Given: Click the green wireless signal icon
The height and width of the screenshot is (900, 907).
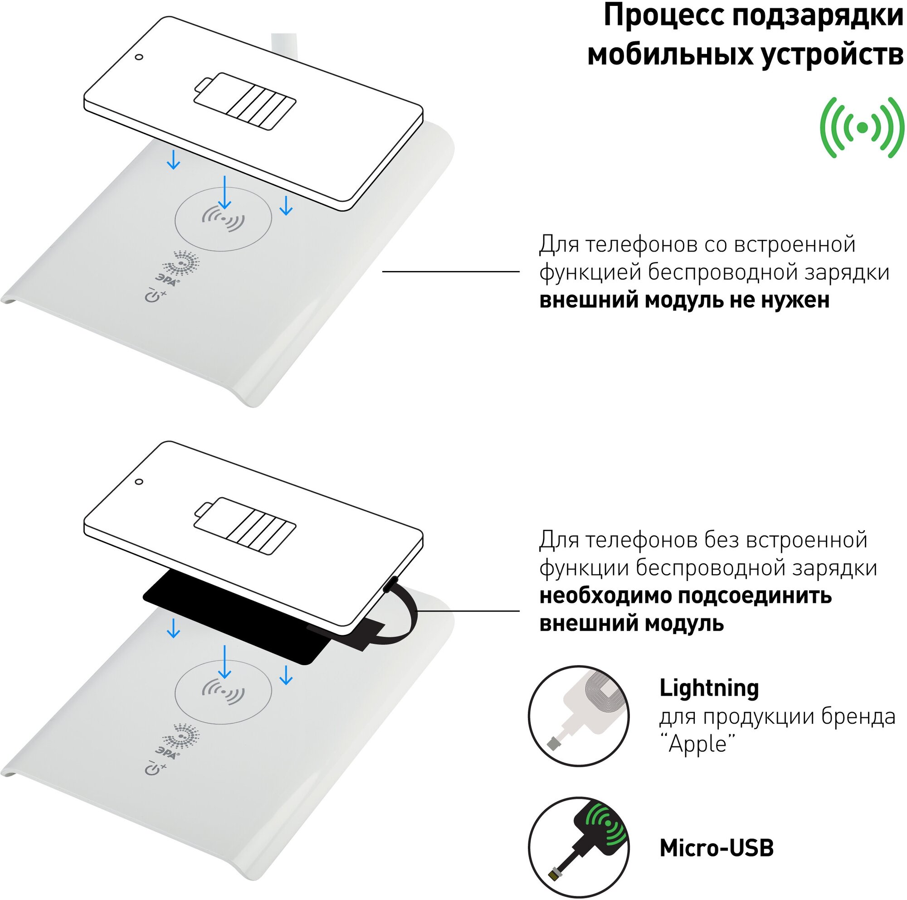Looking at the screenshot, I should point(862,127).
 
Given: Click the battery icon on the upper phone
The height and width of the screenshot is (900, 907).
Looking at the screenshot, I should point(245,102).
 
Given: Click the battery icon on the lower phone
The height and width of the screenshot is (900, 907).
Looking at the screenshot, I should point(245,526).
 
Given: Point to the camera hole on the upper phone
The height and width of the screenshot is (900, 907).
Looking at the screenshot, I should point(138,57).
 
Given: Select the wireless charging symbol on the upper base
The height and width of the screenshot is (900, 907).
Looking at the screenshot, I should point(223,219).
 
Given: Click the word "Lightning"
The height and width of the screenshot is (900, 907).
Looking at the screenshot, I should point(709,688).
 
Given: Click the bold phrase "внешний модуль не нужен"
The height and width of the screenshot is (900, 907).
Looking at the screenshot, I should point(684,300).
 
